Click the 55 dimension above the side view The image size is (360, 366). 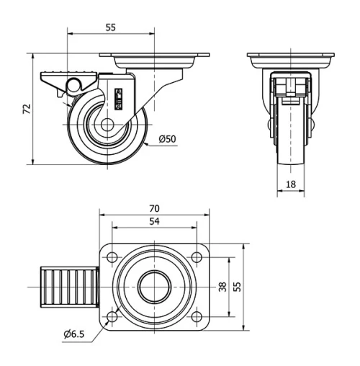click(x=111, y=27)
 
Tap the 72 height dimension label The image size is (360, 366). click(x=27, y=109)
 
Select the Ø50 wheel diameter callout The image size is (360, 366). click(x=167, y=138)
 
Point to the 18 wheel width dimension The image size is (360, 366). click(x=292, y=184)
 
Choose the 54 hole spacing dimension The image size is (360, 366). click(x=154, y=222)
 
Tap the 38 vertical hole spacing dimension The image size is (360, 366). click(x=222, y=286)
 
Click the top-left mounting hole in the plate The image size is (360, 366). click(x=113, y=256)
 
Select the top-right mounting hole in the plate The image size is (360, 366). click(x=196, y=256)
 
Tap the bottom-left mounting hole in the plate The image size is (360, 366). click(x=113, y=316)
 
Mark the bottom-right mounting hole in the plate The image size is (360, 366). click(x=196, y=316)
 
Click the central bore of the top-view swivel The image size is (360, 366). click(x=154, y=286)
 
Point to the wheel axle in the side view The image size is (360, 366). click(x=107, y=125)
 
